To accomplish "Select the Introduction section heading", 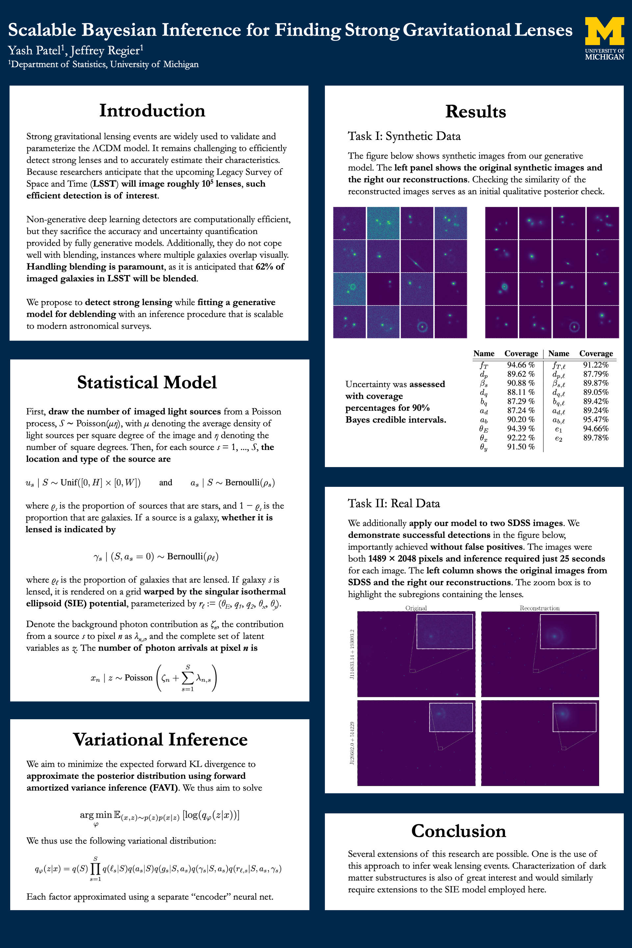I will [152, 111].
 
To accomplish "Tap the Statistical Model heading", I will [147, 382].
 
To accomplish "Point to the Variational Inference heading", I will [160, 740].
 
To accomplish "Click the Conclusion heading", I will [458, 831].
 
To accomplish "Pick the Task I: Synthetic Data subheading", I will [404, 136].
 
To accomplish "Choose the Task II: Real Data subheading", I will [394, 503].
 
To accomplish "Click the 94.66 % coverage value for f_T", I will [520, 365].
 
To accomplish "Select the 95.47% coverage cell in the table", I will [596, 420].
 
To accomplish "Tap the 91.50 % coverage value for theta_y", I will [520, 447].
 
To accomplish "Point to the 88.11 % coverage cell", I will [520, 392].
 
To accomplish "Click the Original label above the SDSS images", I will [416, 608].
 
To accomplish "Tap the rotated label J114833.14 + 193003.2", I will [352, 654].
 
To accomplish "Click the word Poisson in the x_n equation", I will [138, 677].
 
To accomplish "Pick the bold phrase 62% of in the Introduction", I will [270, 267].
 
